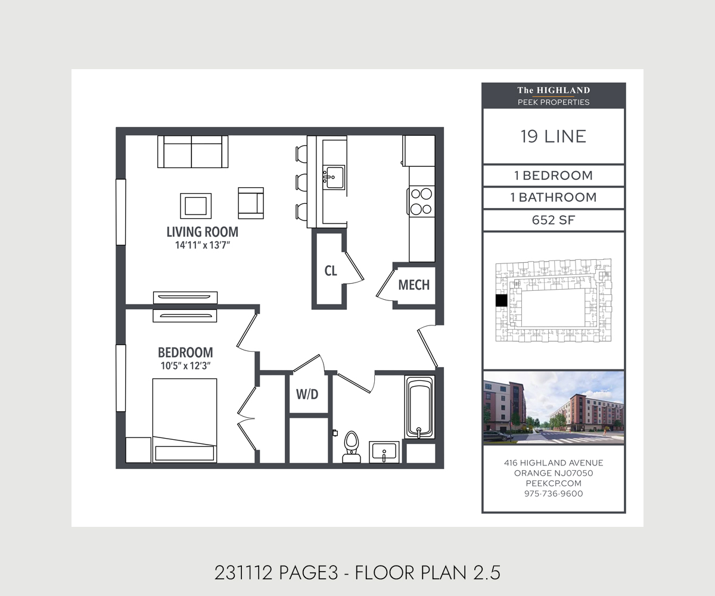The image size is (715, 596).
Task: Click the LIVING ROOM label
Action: point(203,232)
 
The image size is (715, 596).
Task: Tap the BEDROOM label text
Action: point(185,352)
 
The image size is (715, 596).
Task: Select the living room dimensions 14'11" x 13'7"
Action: point(203,245)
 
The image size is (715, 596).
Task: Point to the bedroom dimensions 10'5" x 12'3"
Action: point(185,366)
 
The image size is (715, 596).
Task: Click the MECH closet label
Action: point(414,285)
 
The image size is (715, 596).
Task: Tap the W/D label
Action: point(307,394)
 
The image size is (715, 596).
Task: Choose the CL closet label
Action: point(331,271)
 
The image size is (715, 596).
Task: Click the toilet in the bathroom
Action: point(352,447)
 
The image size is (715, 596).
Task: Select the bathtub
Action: point(419,407)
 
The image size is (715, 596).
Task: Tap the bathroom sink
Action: point(384,452)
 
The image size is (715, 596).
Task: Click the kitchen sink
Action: point(334,178)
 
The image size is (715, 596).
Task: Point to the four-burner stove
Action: point(421,201)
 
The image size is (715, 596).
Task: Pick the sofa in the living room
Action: point(193,152)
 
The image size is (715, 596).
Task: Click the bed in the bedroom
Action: point(185,421)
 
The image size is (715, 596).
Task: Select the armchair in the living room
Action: point(251,203)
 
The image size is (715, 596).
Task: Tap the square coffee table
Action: point(196,206)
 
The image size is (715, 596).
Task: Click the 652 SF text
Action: point(554,220)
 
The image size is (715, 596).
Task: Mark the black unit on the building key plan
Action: point(501,301)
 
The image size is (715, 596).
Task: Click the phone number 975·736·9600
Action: point(554,493)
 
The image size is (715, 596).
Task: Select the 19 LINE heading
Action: point(554,136)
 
